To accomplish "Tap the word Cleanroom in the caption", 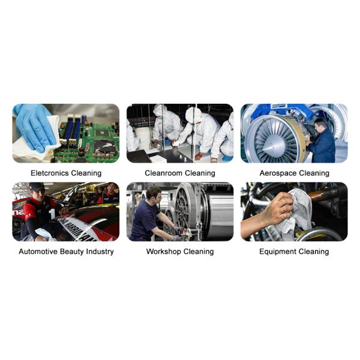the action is pyautogui.click(x=163, y=173).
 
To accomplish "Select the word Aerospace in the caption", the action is pyautogui.click(x=278, y=173).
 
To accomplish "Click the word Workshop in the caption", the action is pyautogui.click(x=163, y=252).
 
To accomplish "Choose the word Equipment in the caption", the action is pyautogui.click(x=277, y=252).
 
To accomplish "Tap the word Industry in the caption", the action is pyautogui.click(x=100, y=252).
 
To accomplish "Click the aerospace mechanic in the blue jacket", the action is pyautogui.click(x=321, y=140).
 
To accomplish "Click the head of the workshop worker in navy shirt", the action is pyautogui.click(x=154, y=193).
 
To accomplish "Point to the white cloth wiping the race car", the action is pyautogui.click(x=45, y=234).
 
